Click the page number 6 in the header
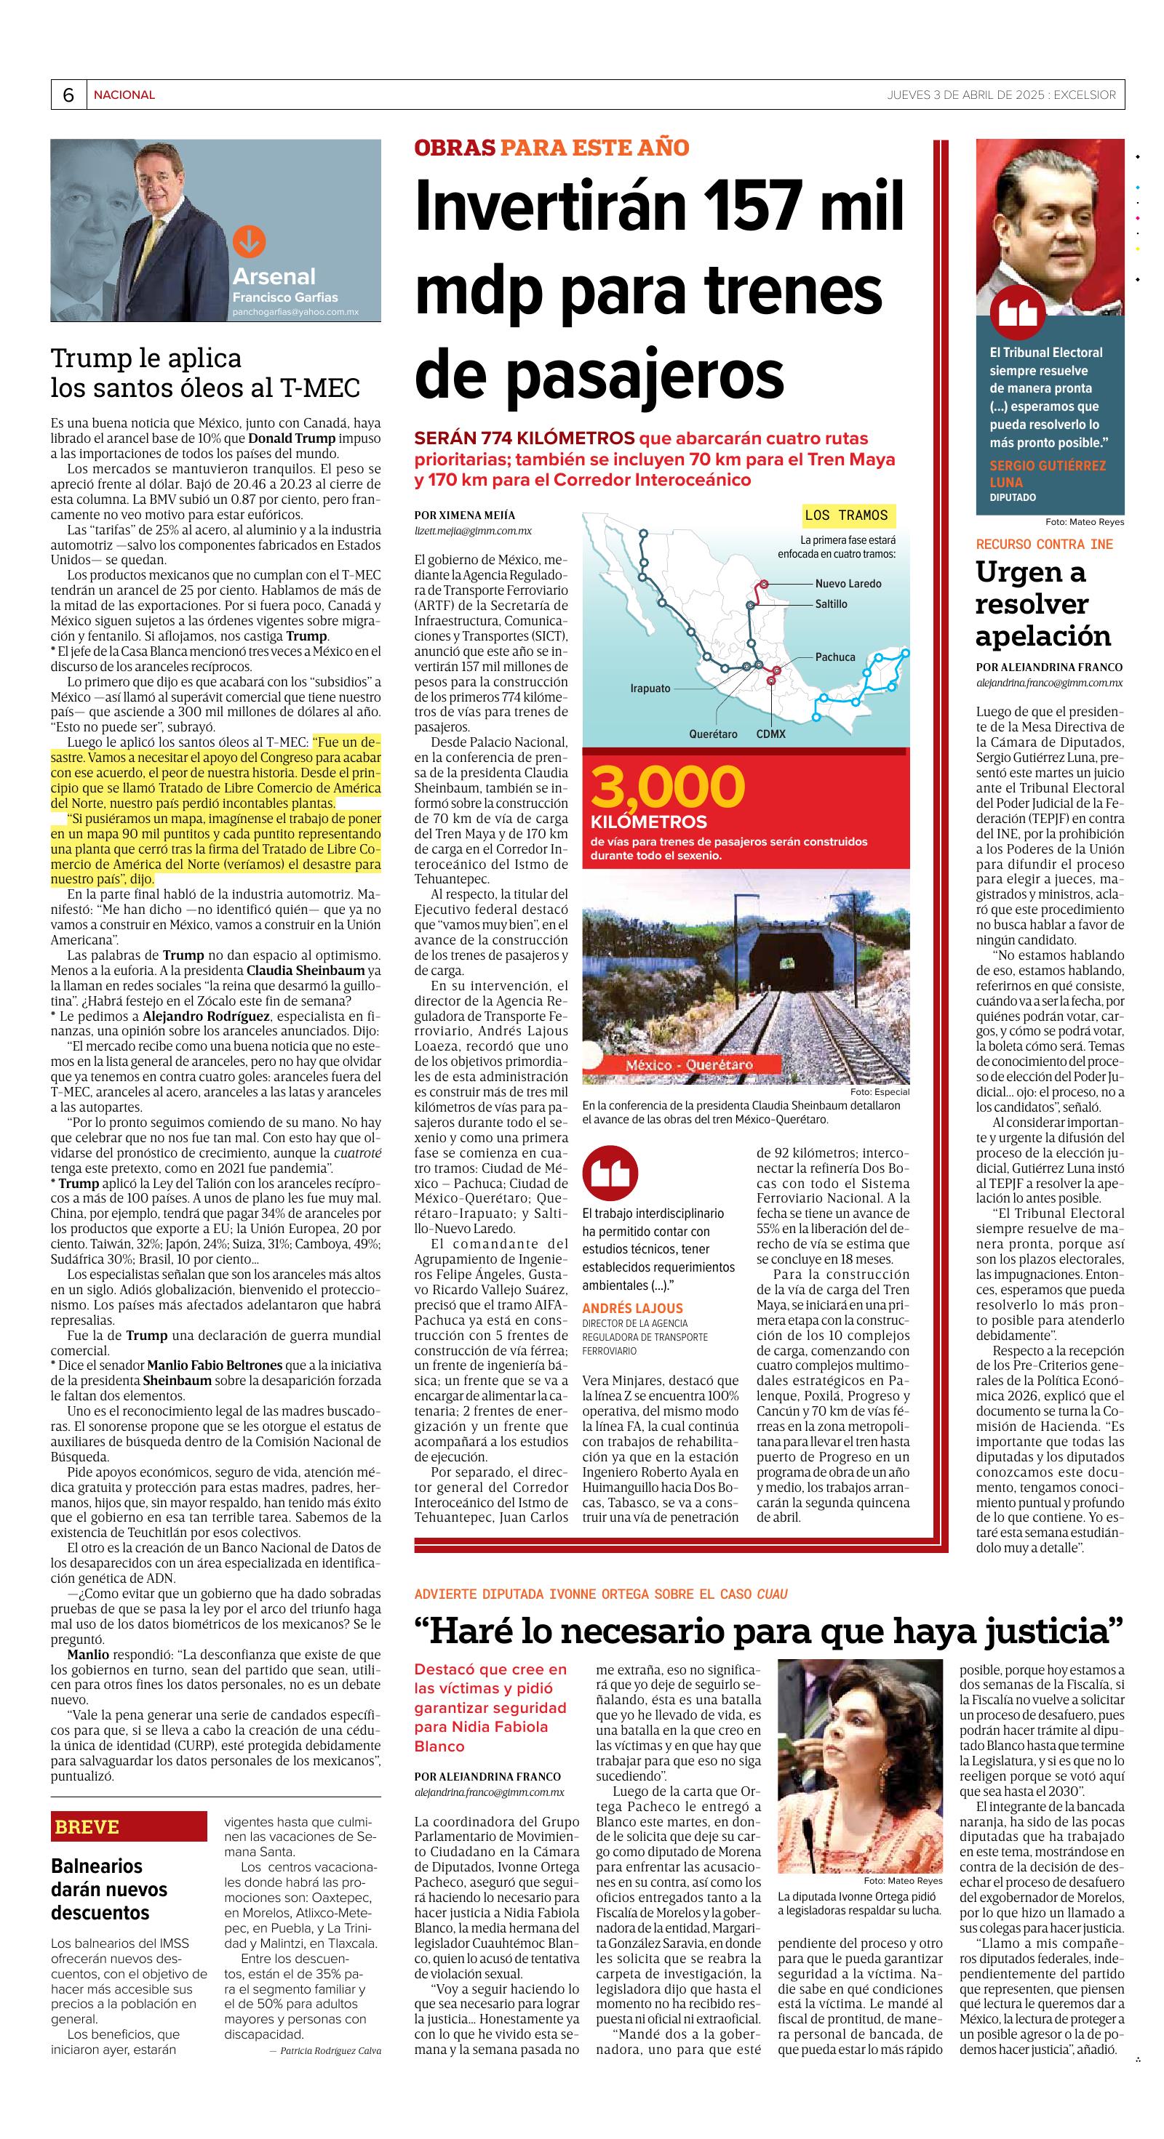pyautogui.click(x=68, y=95)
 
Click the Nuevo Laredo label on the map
pyautogui.click(x=848, y=583)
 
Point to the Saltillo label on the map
pyautogui.click(x=831, y=603)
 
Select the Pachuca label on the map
pyautogui.click(x=834, y=657)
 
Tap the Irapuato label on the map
pyautogui.click(x=650, y=689)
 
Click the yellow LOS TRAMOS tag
pyautogui.click(x=846, y=515)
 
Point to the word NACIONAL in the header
pyautogui.click(x=124, y=95)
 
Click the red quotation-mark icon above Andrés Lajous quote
pyautogui.click(x=609, y=1173)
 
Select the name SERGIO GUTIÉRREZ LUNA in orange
pyautogui.click(x=1047, y=473)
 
